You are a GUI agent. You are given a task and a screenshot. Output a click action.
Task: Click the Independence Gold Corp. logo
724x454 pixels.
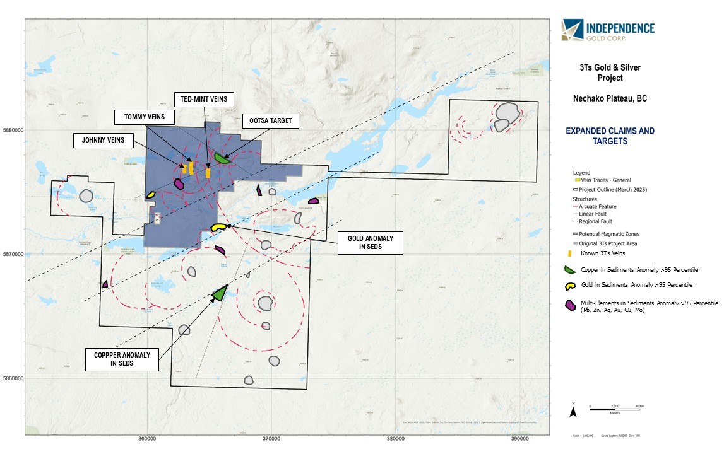tap(607, 30)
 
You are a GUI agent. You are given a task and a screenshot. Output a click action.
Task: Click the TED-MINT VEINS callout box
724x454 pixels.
tap(204, 99)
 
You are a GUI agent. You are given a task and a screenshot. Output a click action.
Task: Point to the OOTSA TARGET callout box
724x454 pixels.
tap(270, 120)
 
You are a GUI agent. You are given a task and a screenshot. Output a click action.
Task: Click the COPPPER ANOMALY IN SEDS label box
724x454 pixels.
tap(122, 359)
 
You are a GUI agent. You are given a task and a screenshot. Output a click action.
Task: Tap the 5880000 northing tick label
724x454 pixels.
tap(13, 131)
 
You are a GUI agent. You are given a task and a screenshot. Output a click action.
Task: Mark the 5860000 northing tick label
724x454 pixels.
tap(13, 378)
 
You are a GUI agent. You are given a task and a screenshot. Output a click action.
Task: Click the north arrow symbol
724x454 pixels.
tap(573, 411)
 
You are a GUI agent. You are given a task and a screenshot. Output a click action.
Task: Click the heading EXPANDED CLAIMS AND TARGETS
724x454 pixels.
tap(609, 136)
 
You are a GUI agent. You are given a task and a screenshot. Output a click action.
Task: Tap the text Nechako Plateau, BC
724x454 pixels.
tap(609, 99)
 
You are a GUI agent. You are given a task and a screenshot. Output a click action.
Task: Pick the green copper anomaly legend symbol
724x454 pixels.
tap(570, 270)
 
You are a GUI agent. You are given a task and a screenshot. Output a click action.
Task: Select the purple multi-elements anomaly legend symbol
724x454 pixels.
tap(570, 305)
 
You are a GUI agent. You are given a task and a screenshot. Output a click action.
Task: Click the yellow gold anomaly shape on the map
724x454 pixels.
tap(218, 227)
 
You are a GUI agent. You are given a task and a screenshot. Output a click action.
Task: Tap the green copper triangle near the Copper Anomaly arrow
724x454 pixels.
tap(220, 293)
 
